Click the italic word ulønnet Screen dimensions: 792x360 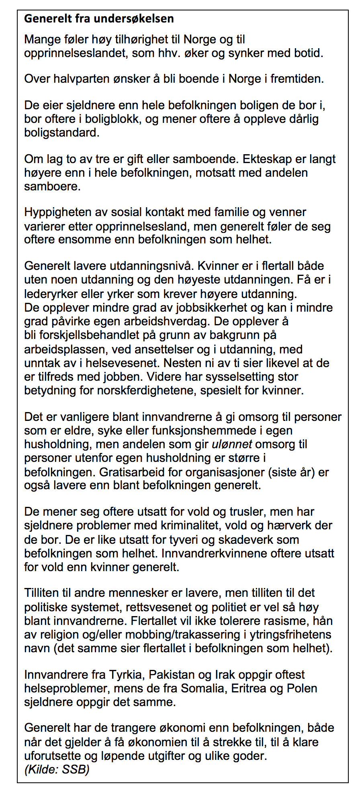(x=232, y=444)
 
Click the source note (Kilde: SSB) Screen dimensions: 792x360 (x=57, y=770)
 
